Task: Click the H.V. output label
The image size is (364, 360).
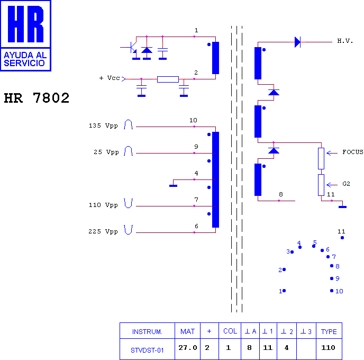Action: pos(345,41)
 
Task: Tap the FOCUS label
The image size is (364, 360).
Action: pos(353,152)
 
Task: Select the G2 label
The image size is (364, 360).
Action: pos(346,184)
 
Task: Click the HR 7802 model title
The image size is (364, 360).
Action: pos(37,98)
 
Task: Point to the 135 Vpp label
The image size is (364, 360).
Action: pos(103,125)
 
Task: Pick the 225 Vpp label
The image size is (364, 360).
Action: pos(103,231)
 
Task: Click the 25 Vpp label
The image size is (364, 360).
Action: pos(106,152)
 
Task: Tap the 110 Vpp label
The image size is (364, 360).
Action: pos(103,205)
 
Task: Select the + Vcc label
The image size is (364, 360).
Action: pos(110,78)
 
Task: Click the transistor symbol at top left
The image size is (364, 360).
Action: pos(132,49)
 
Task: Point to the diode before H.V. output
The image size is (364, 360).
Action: pos(297,42)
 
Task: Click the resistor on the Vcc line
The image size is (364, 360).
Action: pos(168,79)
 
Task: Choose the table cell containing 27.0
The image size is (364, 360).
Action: pos(188,349)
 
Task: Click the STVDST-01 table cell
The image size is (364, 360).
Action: pos(147,349)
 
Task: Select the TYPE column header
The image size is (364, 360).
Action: pos(329,331)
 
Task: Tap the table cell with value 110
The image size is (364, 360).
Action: pos(329,349)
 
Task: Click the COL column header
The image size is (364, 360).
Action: pos(230,331)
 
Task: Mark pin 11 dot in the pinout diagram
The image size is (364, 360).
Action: pos(342,238)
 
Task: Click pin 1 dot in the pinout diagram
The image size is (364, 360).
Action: pos(284,291)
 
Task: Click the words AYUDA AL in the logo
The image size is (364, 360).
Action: pos(25,55)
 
